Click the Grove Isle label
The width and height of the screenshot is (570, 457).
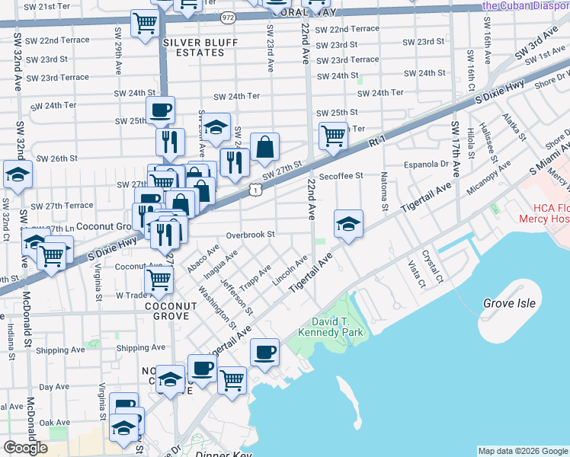(x=509, y=303)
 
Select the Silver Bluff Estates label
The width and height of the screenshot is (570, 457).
(x=194, y=47)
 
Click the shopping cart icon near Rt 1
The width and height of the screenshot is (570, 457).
(x=333, y=136)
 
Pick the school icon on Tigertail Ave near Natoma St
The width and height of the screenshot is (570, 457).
(x=347, y=224)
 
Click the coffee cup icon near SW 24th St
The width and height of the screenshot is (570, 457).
(x=160, y=110)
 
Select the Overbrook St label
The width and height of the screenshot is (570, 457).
(x=249, y=235)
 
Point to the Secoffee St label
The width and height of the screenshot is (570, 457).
(x=341, y=176)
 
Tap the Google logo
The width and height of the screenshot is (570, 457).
(x=25, y=448)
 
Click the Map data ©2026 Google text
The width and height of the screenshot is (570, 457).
(x=522, y=451)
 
